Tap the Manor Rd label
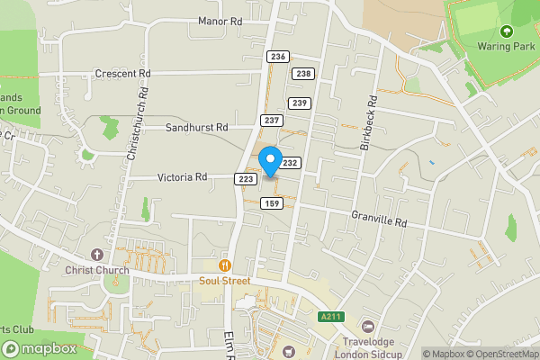pos(220,21)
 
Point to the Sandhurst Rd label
pos(196,128)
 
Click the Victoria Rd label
pos(183,177)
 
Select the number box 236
pos(277,57)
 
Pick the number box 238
pos(304,74)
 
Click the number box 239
pos(300,103)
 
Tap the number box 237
pos(271,121)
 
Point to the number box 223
pos(245,180)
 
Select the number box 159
pos(272,204)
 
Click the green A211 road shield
pos(330,317)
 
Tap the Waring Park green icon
pos(506,31)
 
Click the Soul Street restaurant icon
pos(225,265)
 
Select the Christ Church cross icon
pos(97,255)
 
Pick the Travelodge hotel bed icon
pos(367,326)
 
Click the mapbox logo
pos(40,348)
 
